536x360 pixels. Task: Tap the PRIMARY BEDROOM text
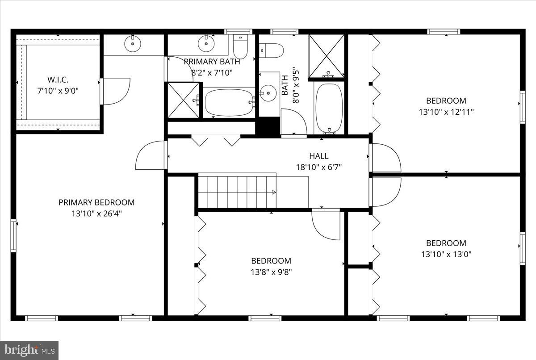coord(96,202)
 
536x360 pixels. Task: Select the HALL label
coord(319,156)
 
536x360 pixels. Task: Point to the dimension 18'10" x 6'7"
coord(319,167)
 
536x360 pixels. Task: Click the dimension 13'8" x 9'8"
coord(271,272)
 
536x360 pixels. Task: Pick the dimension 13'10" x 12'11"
coord(446,112)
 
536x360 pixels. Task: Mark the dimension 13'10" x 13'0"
coord(446,254)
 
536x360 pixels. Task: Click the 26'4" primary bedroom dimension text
coord(96,213)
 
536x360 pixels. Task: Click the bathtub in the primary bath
coord(228,102)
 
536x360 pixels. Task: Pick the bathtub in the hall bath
coord(329,107)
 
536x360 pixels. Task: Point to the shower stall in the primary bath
coord(184,100)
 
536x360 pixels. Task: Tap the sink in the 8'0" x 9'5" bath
coord(268,93)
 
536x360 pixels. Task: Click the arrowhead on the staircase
coord(274,192)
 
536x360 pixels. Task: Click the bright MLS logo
coord(29,350)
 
